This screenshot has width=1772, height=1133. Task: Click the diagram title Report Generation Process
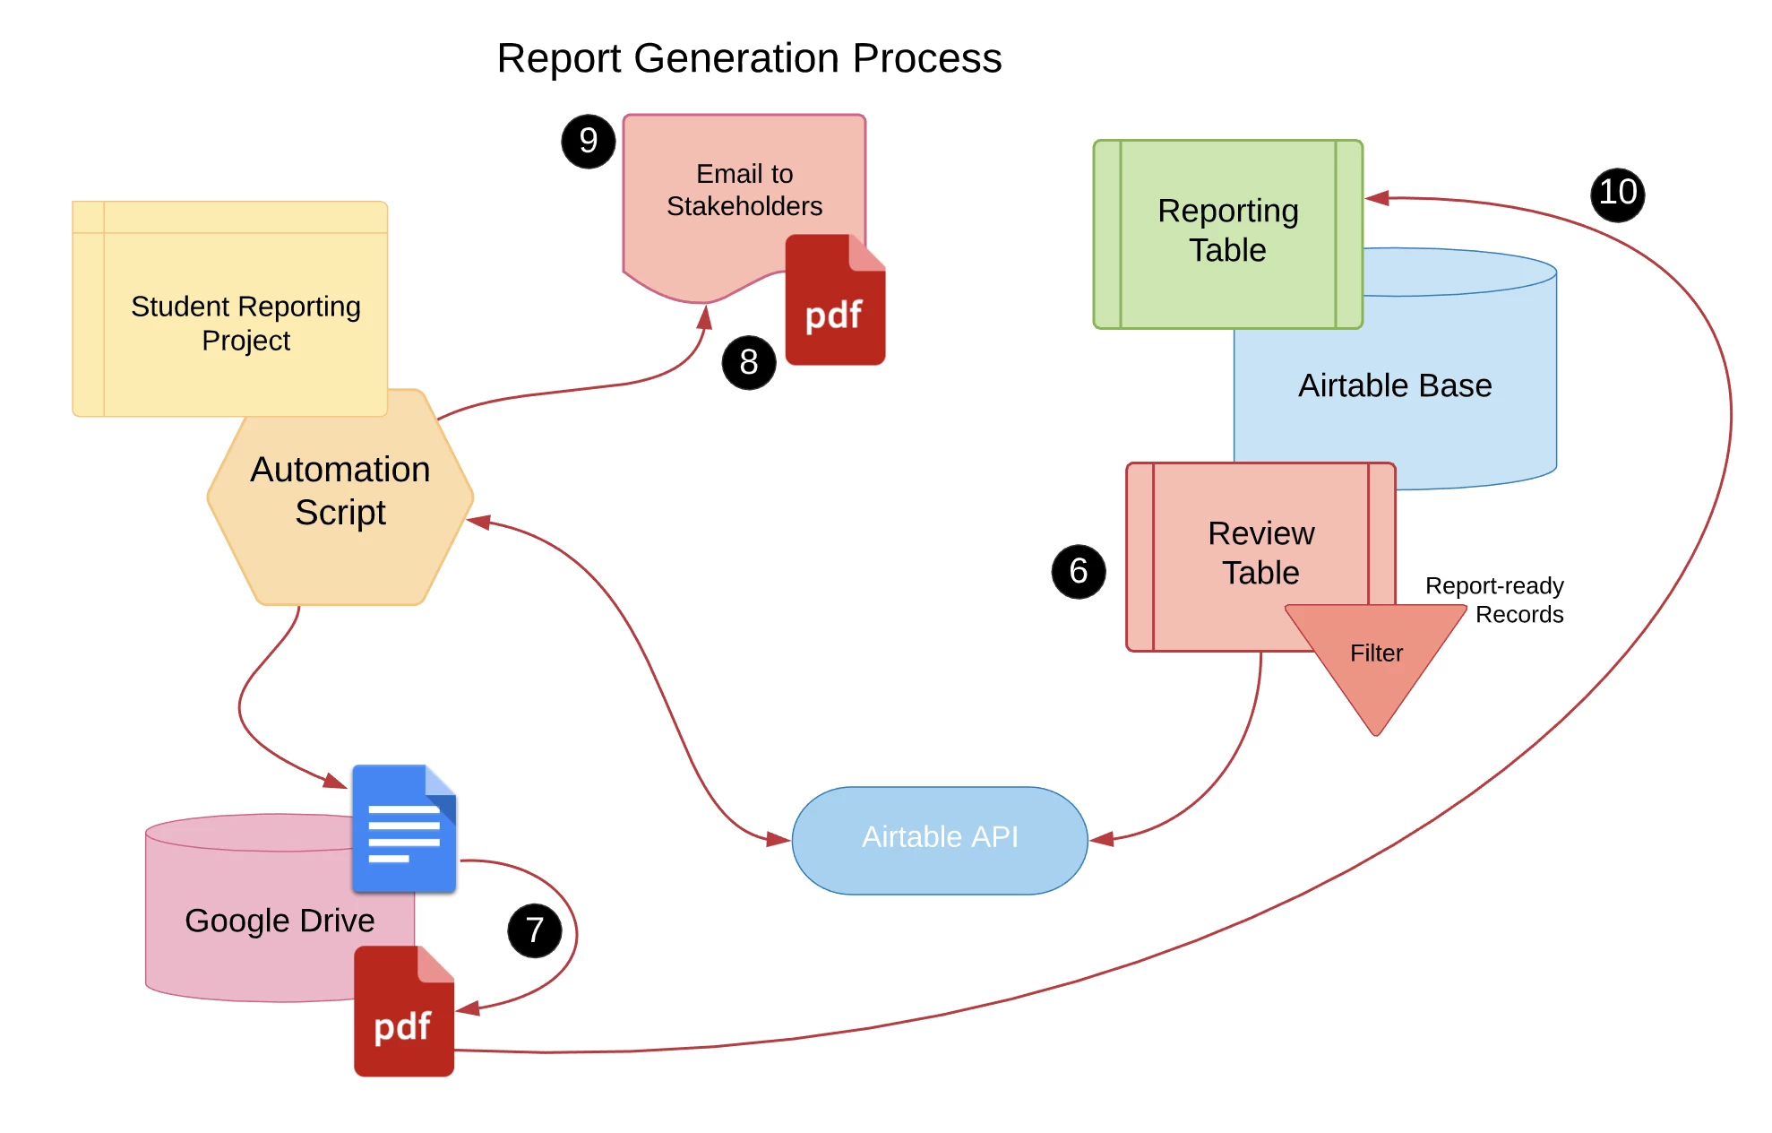[x=749, y=59]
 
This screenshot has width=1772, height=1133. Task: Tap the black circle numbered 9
[x=589, y=141]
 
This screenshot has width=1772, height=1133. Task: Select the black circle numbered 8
[x=749, y=362]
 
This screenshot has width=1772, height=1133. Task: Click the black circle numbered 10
[x=1618, y=194]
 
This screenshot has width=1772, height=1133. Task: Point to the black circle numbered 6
[x=1079, y=571]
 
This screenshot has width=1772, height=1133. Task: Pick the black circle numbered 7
[x=535, y=930]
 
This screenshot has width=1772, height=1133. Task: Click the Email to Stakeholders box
[x=744, y=197]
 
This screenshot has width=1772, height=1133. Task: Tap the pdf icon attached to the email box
[x=835, y=299]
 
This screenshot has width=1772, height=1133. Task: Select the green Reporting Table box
[x=1228, y=234]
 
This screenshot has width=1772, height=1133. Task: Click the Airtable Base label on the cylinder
[x=1395, y=385]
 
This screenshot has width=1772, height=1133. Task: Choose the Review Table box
[x=1260, y=556]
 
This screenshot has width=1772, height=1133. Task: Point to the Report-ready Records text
[x=1494, y=600]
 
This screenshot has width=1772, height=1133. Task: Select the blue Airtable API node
[x=940, y=840]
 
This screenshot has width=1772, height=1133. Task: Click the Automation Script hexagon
[x=340, y=497]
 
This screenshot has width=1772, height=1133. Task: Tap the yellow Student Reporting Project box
[x=230, y=309]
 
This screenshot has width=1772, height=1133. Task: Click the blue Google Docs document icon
[x=404, y=828]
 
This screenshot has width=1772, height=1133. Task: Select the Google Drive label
[x=280, y=921]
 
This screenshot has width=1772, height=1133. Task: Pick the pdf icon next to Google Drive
[x=404, y=1011]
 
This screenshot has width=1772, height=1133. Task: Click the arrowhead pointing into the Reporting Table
[x=1377, y=198]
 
